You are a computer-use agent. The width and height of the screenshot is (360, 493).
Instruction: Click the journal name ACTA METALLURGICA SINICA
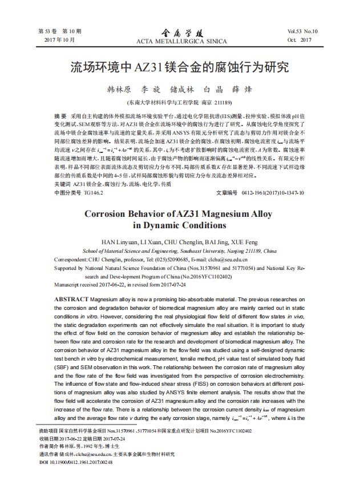pos(180,41)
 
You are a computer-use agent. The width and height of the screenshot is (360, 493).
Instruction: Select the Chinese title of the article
pos(180,68)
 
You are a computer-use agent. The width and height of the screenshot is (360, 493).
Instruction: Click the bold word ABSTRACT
pos(71,299)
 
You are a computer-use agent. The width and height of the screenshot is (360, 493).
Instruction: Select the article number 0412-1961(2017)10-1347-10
pos(272,193)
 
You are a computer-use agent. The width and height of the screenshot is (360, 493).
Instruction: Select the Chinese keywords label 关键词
pos(62,185)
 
